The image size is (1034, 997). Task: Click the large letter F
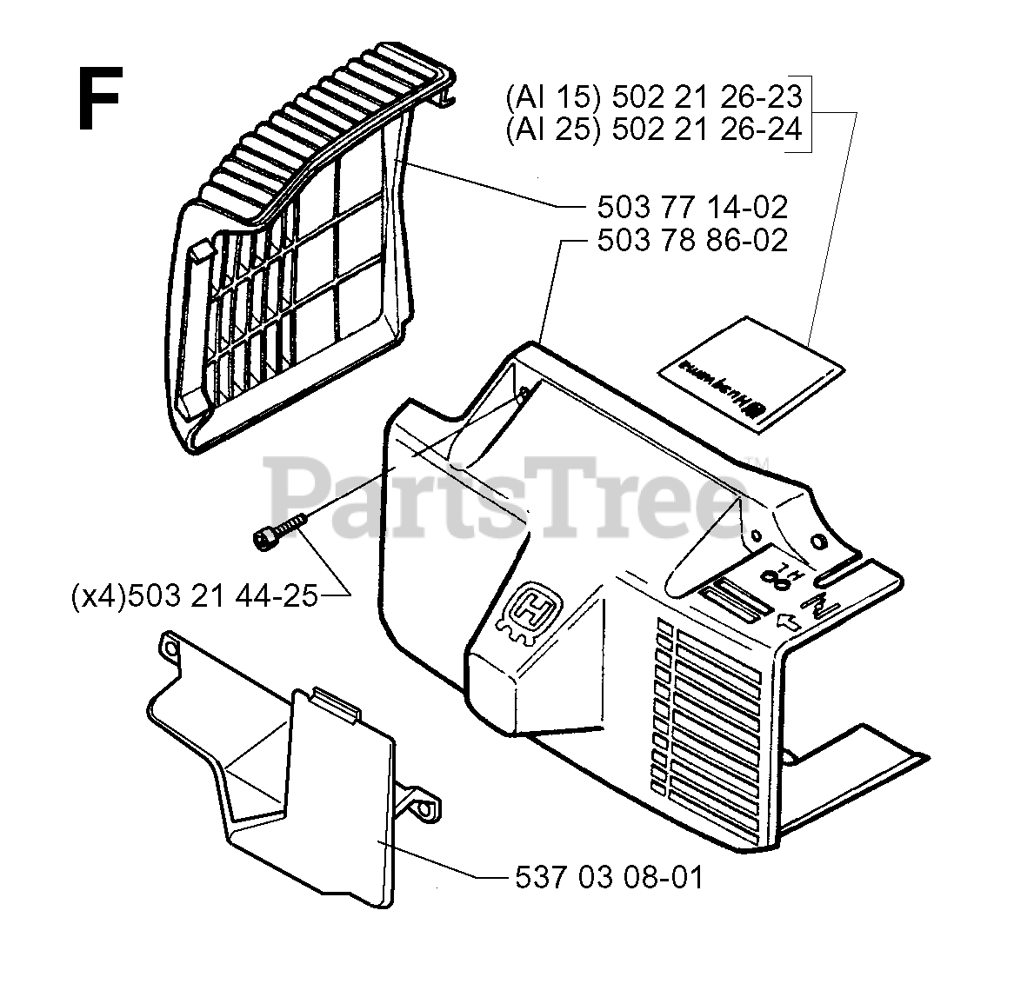[98, 100]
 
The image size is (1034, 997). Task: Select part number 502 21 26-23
[706, 96]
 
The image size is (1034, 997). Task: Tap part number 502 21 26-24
[706, 130]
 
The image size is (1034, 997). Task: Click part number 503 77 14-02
[692, 207]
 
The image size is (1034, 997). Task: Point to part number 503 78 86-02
[692, 239]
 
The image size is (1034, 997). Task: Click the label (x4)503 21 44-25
[194, 596]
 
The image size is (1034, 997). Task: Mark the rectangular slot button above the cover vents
[730, 601]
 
